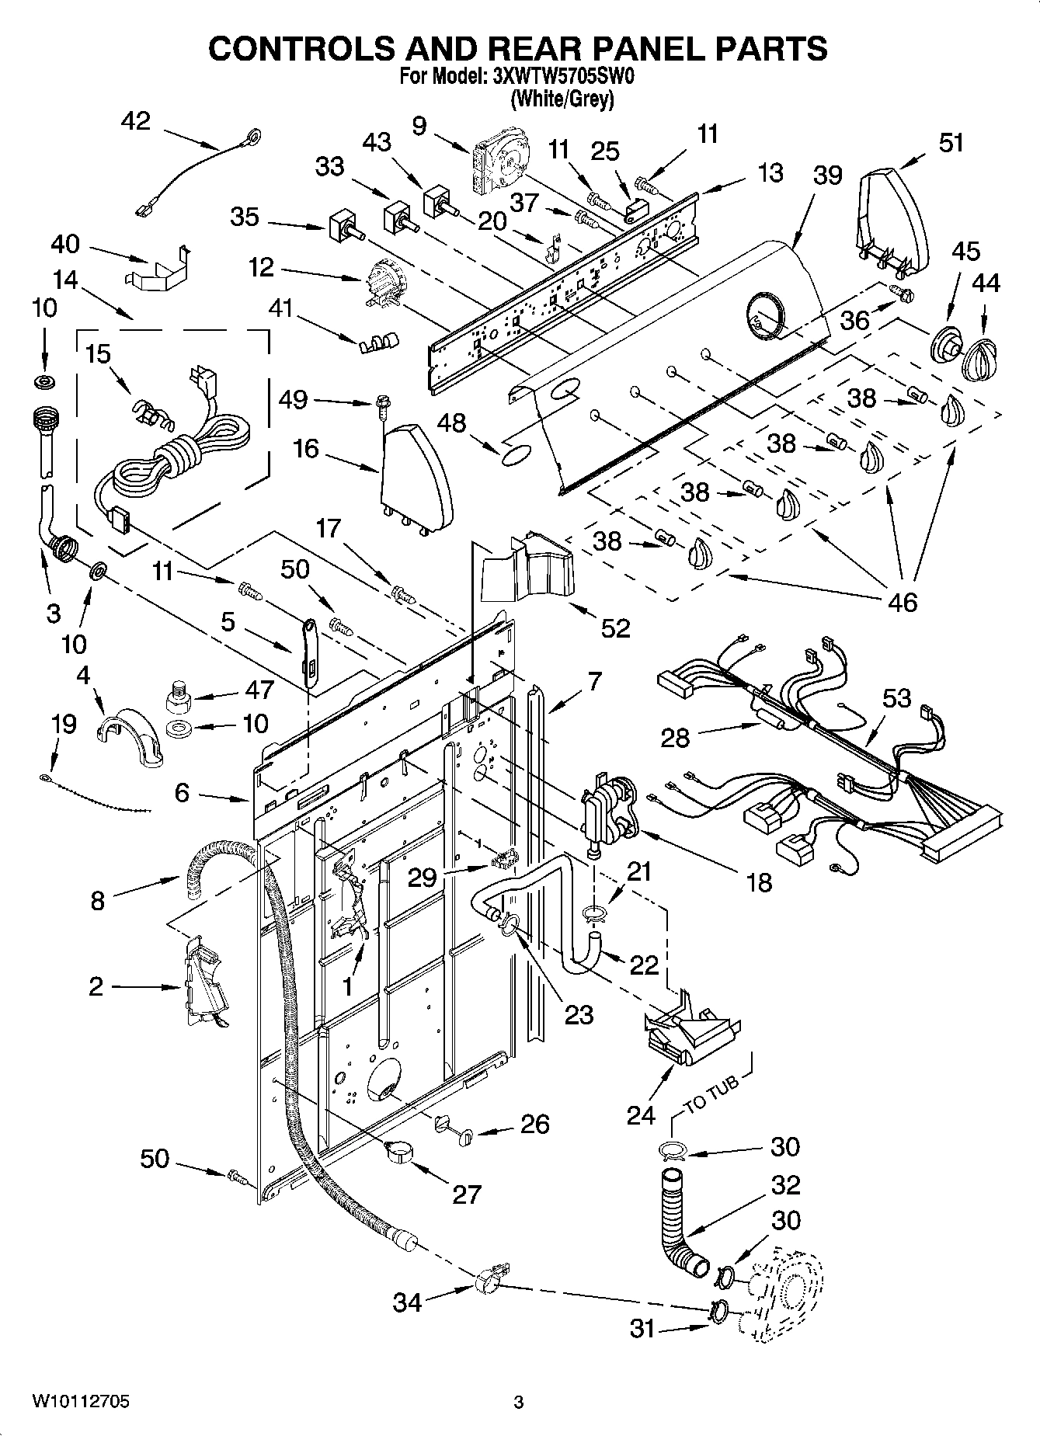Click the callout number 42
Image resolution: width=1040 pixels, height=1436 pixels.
pyautogui.click(x=136, y=122)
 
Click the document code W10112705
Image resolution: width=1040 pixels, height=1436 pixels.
pyautogui.click(x=81, y=1402)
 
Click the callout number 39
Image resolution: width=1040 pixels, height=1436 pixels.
pyautogui.click(x=827, y=176)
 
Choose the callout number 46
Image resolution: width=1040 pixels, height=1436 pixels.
pyautogui.click(x=901, y=601)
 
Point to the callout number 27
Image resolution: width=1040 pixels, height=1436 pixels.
pyautogui.click(x=467, y=1194)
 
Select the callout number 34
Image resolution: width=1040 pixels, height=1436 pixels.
pyautogui.click(x=407, y=1302)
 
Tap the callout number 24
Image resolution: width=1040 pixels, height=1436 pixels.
pyautogui.click(x=641, y=1115)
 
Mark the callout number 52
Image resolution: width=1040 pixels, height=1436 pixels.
pyautogui.click(x=615, y=628)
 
